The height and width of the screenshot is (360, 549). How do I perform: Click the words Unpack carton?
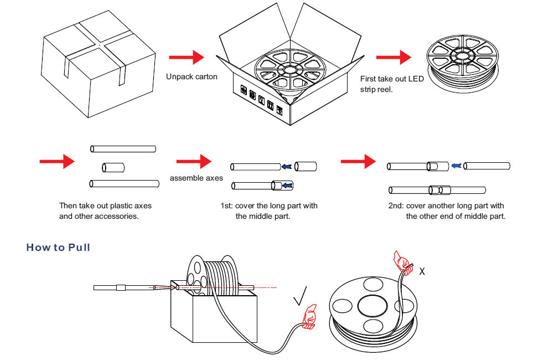tap(191, 76)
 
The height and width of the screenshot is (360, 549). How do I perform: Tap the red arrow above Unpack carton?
tap(186, 56)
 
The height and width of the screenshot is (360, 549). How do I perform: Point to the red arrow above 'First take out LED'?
tap(393, 56)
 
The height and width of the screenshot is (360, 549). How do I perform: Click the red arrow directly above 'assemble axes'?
tap(194, 161)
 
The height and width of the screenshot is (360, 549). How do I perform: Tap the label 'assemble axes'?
tap(196, 178)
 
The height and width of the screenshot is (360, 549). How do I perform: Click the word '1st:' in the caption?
tap(227, 206)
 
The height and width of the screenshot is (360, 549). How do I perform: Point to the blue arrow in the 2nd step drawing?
tap(456, 166)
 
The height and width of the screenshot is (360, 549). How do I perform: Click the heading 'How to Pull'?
tap(58, 247)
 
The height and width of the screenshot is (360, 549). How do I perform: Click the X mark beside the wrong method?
tap(422, 271)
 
